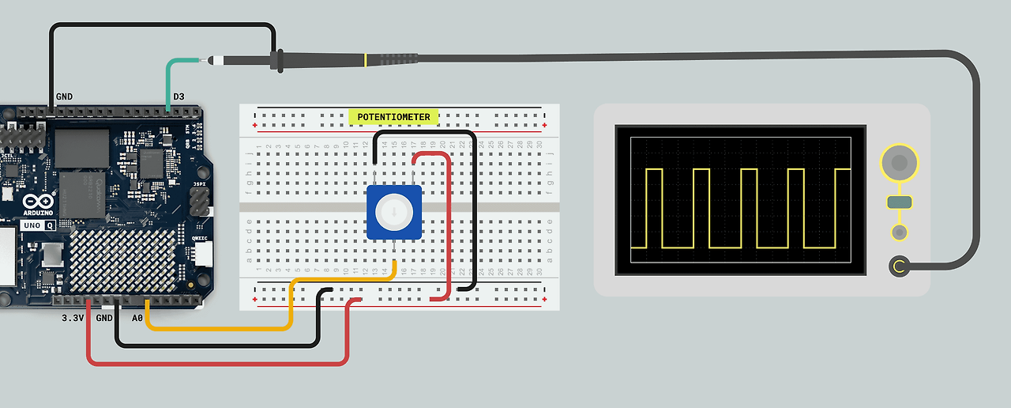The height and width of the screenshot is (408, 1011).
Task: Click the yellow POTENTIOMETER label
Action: click(394, 117)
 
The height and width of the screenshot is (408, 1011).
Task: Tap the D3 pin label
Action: click(179, 96)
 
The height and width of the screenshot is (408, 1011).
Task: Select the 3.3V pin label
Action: click(73, 318)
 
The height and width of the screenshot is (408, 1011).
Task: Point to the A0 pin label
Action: click(137, 318)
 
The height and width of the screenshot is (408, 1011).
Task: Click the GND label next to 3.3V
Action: click(104, 318)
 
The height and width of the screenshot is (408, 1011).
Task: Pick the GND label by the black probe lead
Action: click(64, 96)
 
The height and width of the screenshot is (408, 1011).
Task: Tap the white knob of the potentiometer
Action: click(393, 212)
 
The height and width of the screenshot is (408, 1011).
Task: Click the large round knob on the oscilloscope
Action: click(899, 164)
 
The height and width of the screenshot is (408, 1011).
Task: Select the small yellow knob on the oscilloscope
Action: click(899, 232)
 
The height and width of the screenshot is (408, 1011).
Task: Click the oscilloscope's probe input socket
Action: click(899, 266)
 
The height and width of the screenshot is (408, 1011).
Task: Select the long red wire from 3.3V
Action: click(213, 363)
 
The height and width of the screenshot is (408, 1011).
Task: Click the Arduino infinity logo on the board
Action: click(44, 202)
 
